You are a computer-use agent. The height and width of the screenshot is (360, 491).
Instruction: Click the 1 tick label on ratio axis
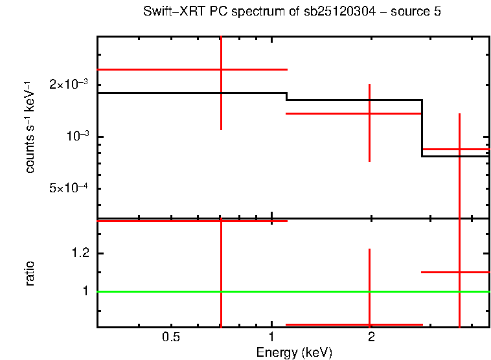(x=85, y=291)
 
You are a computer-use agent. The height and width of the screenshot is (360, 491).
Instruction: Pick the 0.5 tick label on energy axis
(x=170, y=337)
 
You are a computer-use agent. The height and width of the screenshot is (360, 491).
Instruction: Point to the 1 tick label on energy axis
(x=271, y=337)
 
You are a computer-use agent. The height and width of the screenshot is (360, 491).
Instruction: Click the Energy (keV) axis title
(x=294, y=352)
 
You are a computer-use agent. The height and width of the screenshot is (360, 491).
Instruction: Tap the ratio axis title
(x=30, y=273)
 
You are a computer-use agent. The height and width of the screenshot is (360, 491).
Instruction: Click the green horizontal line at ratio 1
(x=194, y=291)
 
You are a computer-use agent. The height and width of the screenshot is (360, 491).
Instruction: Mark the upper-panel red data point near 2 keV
(x=369, y=113)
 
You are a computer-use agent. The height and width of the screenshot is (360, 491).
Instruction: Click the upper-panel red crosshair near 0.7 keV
(x=222, y=69)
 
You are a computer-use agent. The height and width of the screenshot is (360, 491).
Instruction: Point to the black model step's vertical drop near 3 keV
(x=422, y=128)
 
